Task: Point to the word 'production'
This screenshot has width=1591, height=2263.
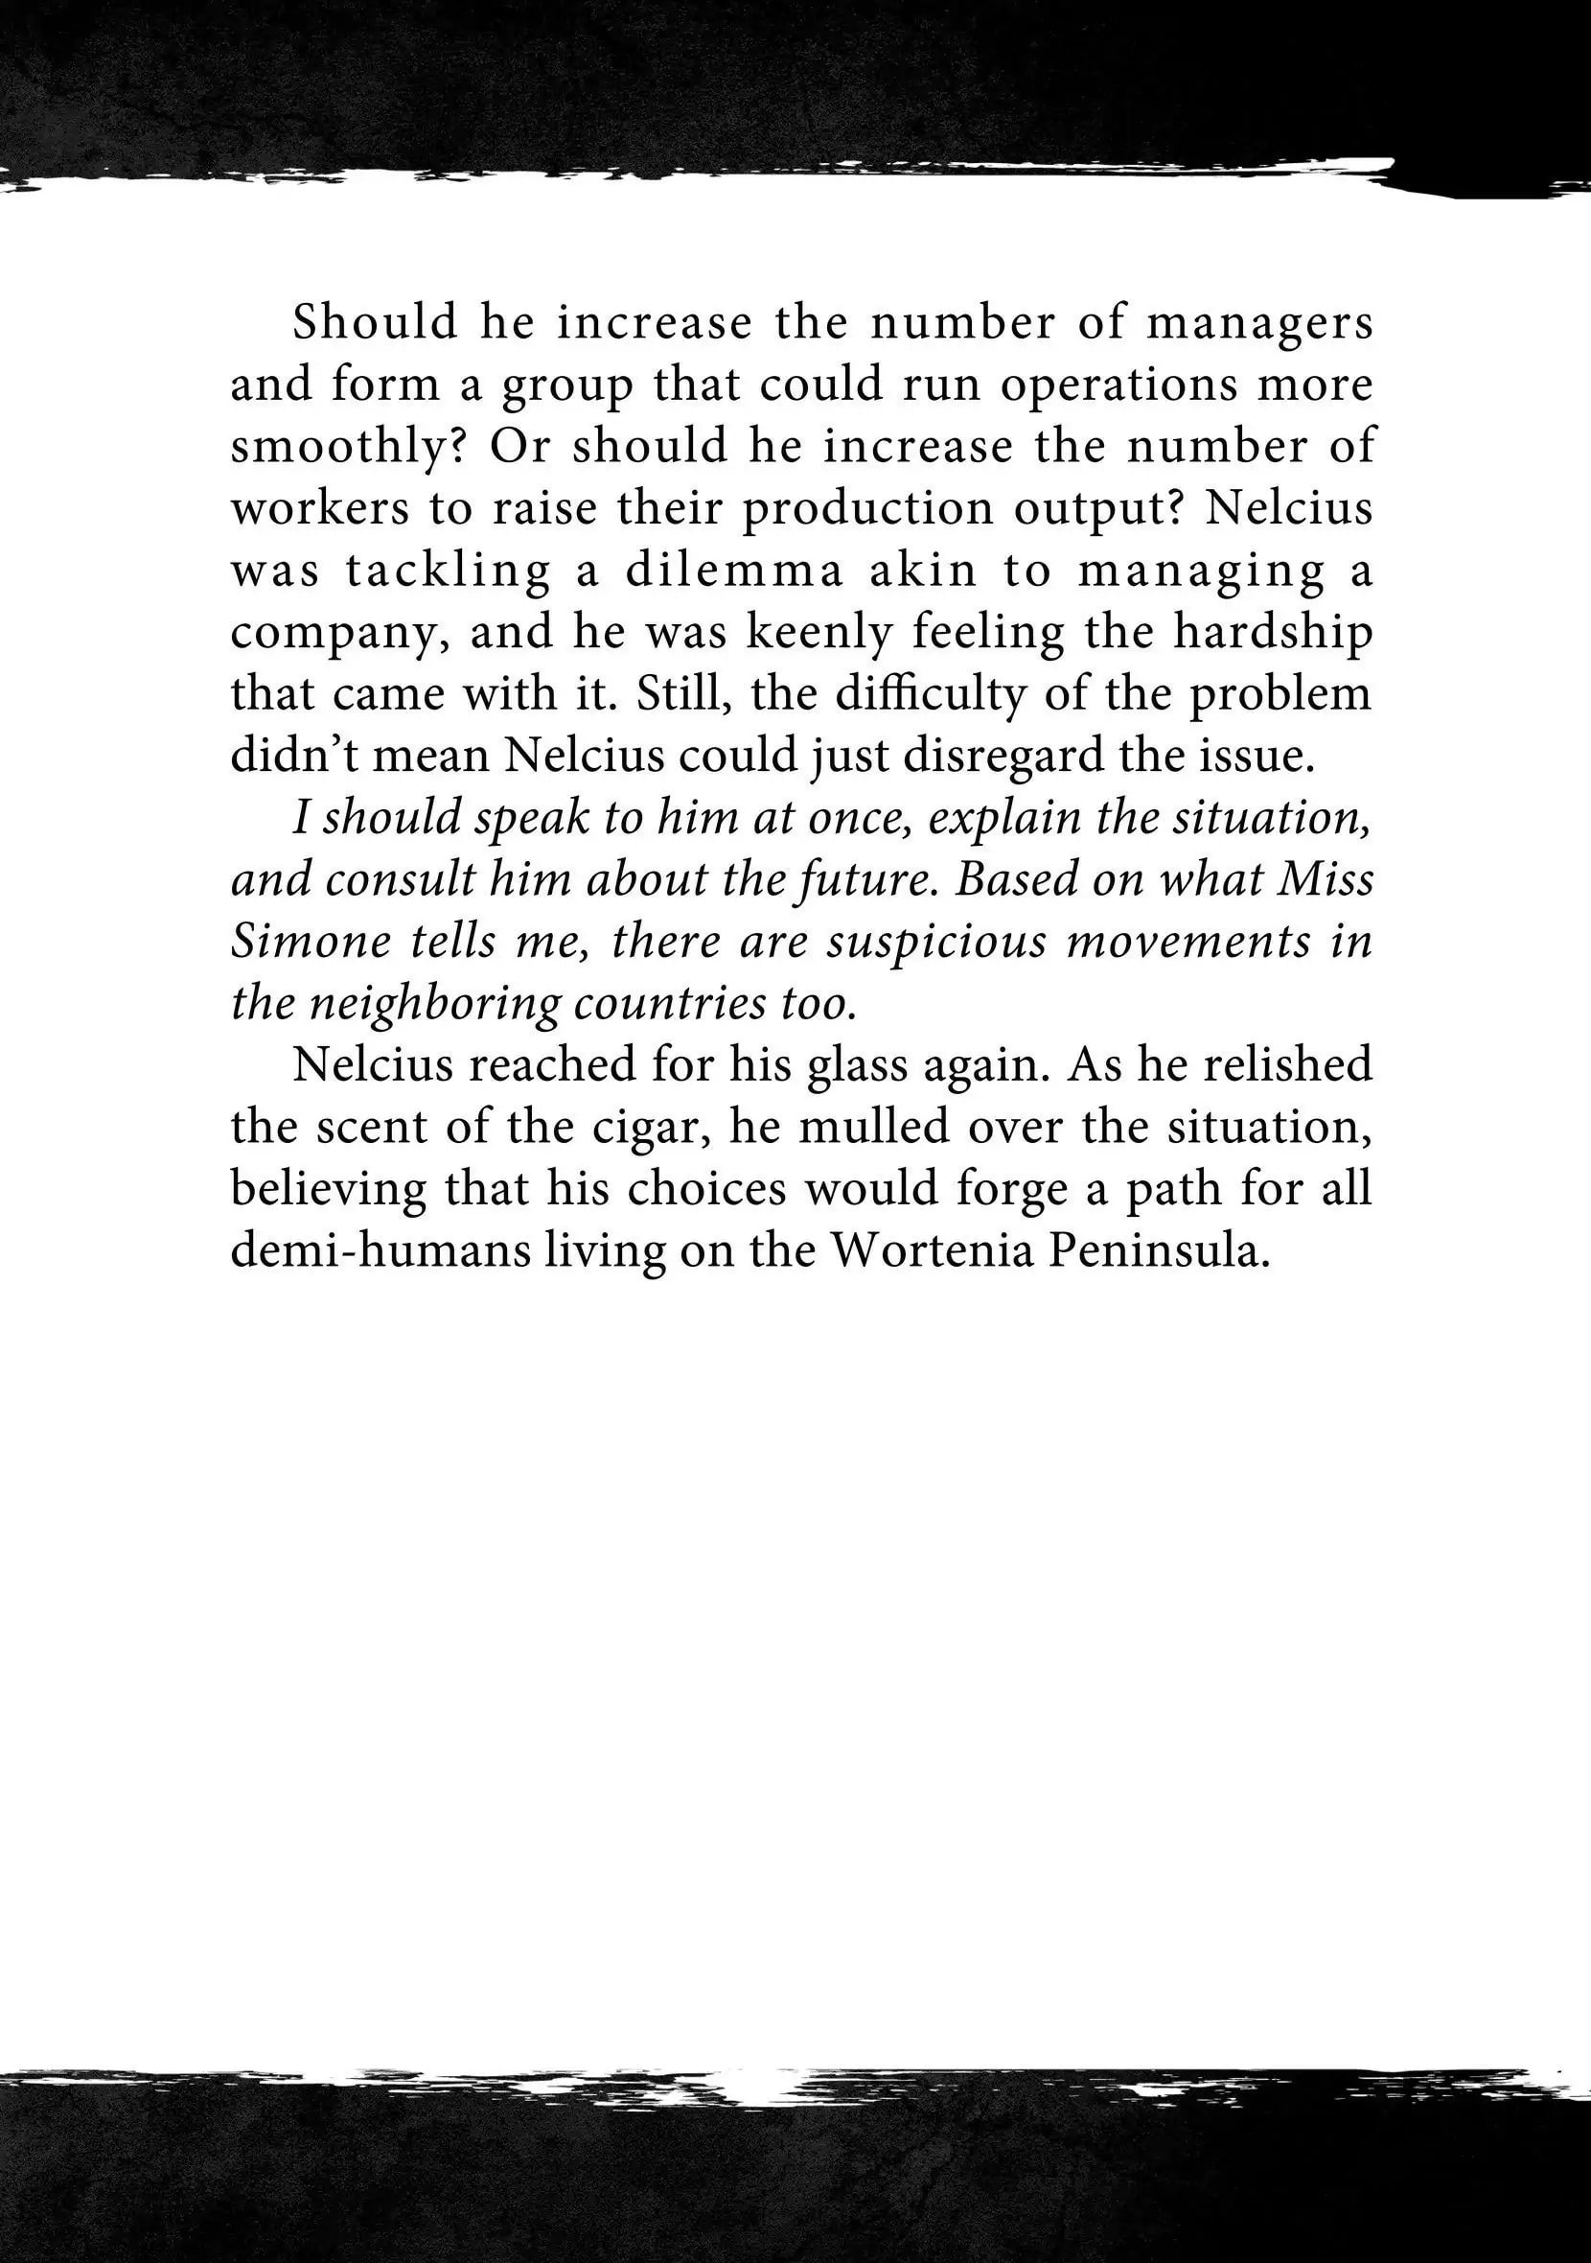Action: [x=868, y=509]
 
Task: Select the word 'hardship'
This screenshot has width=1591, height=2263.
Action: [x=1272, y=634]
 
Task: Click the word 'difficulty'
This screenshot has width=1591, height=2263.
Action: [x=930, y=695]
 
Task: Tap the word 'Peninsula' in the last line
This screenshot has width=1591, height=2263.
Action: [x=1159, y=1251]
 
